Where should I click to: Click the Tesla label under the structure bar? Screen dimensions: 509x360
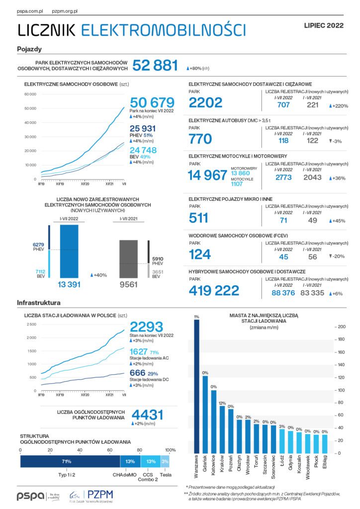coord(165,475)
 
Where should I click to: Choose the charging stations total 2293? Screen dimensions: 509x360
coord(146,327)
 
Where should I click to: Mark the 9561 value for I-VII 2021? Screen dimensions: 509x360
coord(128,285)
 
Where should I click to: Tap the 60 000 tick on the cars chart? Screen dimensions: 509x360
coord(30,94)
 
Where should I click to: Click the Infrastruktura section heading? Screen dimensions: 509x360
coord(39,302)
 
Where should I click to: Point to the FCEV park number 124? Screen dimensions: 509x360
coord(200,254)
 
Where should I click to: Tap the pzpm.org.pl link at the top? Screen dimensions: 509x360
coord(68,10)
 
